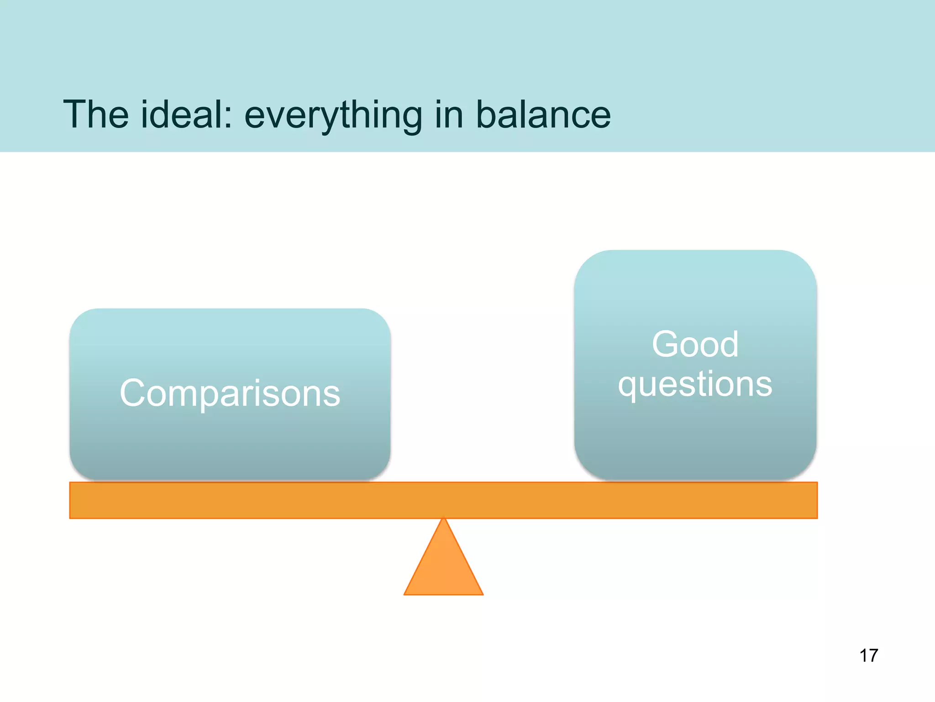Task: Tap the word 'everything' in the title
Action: [x=333, y=116]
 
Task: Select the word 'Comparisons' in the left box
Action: [x=230, y=393]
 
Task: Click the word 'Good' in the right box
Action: [x=695, y=344]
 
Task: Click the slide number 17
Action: [x=868, y=655]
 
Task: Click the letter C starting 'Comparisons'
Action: [x=133, y=393]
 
